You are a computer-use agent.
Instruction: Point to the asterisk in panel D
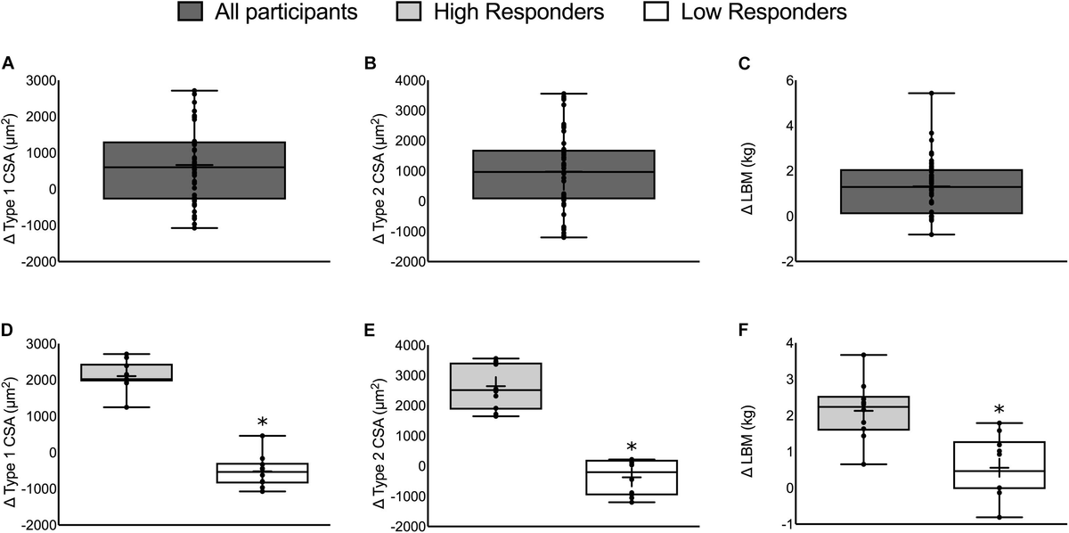pos(263,423)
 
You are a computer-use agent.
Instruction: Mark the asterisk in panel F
pos(1000,411)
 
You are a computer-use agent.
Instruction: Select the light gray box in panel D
pos(126,372)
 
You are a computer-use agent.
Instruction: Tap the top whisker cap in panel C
pos(932,93)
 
